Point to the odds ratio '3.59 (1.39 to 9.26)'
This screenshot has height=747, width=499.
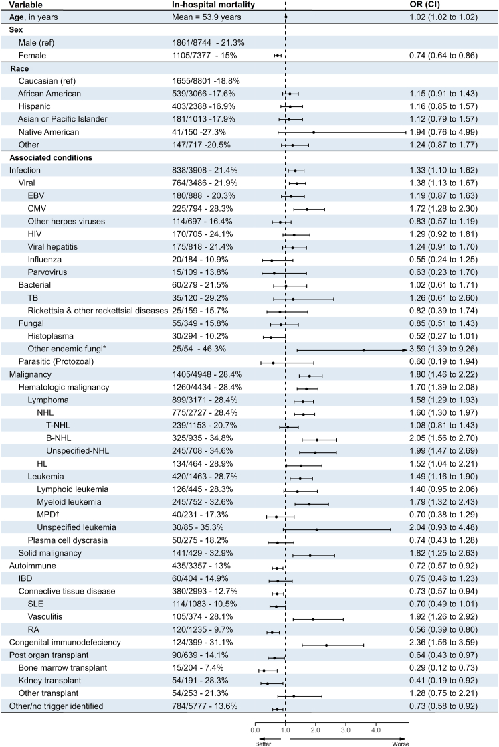pyautogui.click(x=443, y=349)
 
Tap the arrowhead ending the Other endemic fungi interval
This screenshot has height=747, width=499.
pyautogui.click(x=404, y=349)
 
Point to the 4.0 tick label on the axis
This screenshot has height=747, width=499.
pyautogui.click(x=376, y=729)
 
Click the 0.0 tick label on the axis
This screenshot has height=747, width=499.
pyautogui.click(x=255, y=729)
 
